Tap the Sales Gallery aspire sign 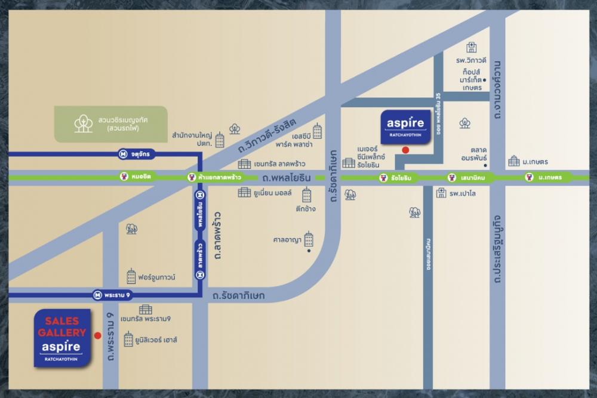pyautogui.click(x=62, y=338)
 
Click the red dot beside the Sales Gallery pyautogui.click(x=97, y=336)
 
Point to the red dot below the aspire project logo pyautogui.click(x=405, y=150)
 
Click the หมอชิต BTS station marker pyautogui.click(x=123, y=177)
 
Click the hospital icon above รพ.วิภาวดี pyautogui.click(x=472, y=47)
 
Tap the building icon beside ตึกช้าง pyautogui.click(x=307, y=195)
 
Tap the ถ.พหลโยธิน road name pyautogui.click(x=286, y=177)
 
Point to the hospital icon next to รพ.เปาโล pyautogui.click(x=441, y=193)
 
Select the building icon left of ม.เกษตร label pyautogui.click(x=513, y=161)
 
